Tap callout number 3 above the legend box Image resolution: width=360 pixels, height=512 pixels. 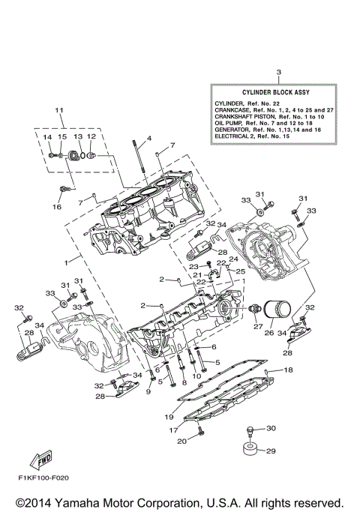click(x=277, y=73)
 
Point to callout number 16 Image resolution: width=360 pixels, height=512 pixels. click(x=55, y=206)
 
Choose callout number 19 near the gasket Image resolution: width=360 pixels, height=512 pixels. click(x=169, y=417)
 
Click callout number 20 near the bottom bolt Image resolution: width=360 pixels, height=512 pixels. click(x=181, y=442)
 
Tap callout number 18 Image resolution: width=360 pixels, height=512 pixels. click(x=289, y=370)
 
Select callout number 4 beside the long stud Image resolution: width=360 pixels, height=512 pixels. click(x=149, y=139)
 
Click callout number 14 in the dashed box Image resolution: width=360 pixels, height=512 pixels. click(x=46, y=137)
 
